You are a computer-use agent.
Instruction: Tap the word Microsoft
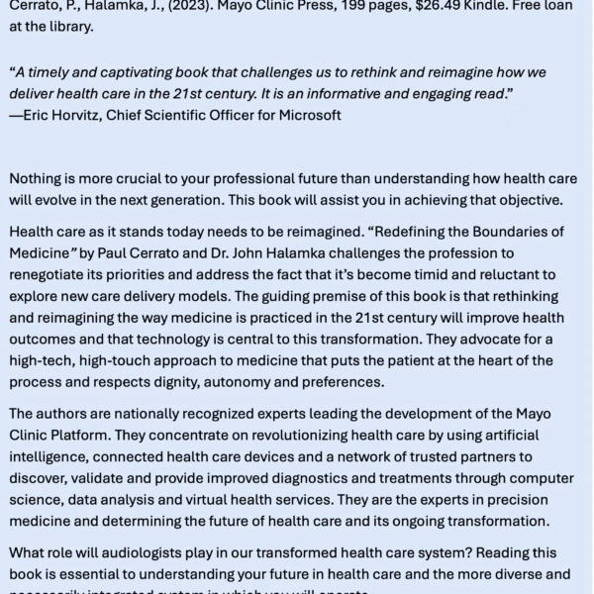coord(307,115)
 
